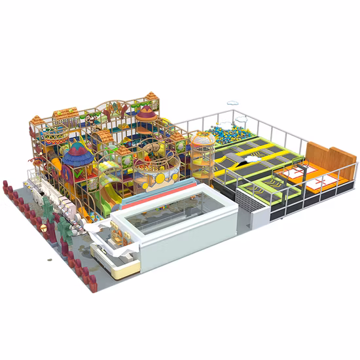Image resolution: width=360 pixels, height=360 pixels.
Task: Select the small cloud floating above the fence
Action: pyautogui.click(x=234, y=104)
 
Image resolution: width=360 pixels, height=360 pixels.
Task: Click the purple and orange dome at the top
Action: pyautogui.click(x=146, y=116)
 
